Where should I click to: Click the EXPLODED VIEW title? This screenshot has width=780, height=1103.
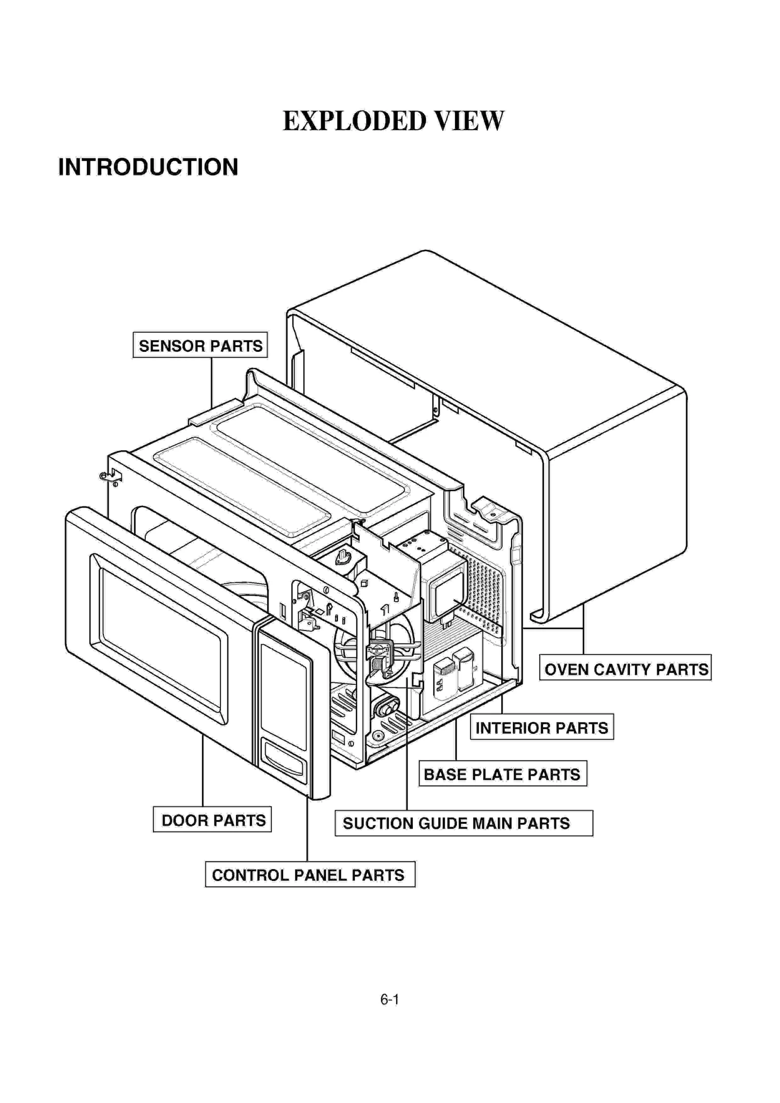(393, 121)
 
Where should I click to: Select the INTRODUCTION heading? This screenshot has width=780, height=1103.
(148, 167)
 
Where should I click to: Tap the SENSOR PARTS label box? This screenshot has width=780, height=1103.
(200, 345)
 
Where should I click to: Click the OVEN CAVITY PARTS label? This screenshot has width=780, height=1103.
(625, 669)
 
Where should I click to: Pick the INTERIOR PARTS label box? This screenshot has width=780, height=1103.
(541, 728)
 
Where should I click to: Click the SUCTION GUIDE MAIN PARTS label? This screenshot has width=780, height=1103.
(463, 823)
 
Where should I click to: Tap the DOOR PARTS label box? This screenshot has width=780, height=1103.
(212, 820)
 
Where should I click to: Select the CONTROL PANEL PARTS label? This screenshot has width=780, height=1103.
(310, 875)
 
